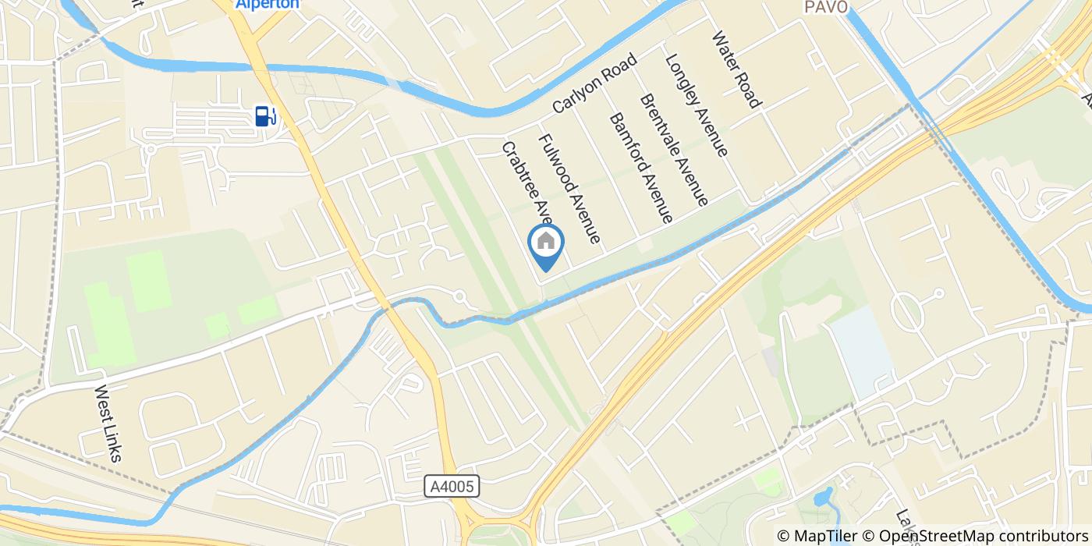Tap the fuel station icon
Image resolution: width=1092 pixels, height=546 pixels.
(265, 116)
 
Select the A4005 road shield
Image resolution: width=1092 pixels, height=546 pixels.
(452, 486)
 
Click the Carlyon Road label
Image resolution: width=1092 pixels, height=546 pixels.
(595, 82)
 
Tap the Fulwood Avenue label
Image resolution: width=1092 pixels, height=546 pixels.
(570, 188)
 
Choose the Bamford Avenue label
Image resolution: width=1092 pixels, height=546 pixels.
(640, 168)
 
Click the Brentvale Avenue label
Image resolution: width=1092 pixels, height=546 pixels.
(674, 150)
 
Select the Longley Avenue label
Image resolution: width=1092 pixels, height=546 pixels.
(696, 105)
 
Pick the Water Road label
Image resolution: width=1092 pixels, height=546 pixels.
(736, 69)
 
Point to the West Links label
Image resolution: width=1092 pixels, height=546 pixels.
(108, 424)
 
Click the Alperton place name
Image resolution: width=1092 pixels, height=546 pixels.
(257, 5)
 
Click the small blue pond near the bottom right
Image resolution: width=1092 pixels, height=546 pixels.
(822, 498)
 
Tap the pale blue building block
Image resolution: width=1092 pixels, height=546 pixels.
(862, 351)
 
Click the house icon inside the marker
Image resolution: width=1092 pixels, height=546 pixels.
(546, 240)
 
